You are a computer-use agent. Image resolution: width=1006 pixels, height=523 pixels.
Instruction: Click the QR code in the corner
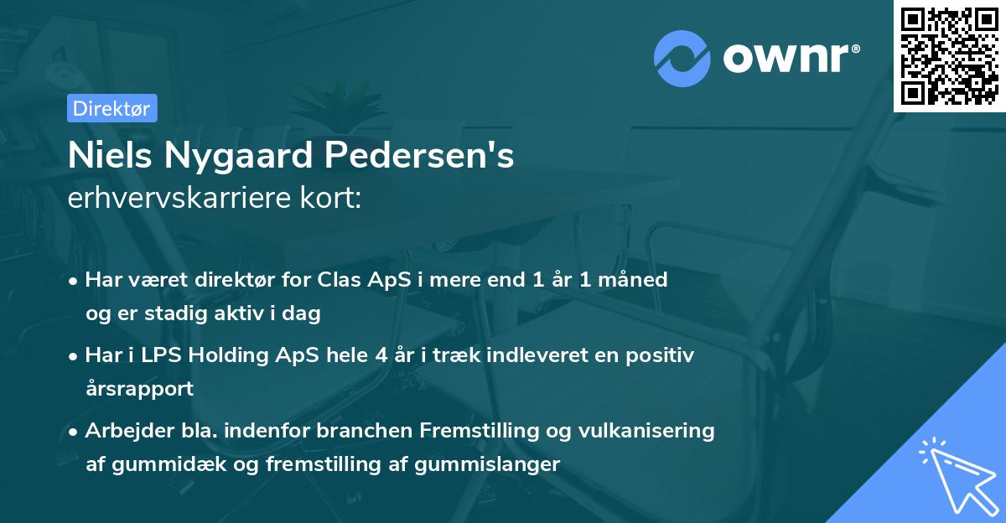[x=948, y=56]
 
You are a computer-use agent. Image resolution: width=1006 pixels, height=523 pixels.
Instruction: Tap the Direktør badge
[x=111, y=108]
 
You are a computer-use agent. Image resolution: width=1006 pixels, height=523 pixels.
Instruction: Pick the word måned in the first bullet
[x=637, y=280]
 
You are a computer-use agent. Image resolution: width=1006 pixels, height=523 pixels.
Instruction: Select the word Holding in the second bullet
[x=223, y=355]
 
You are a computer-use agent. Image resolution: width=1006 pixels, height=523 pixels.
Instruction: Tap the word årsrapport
[x=139, y=388]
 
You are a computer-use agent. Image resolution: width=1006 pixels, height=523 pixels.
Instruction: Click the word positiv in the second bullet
[x=660, y=355]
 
